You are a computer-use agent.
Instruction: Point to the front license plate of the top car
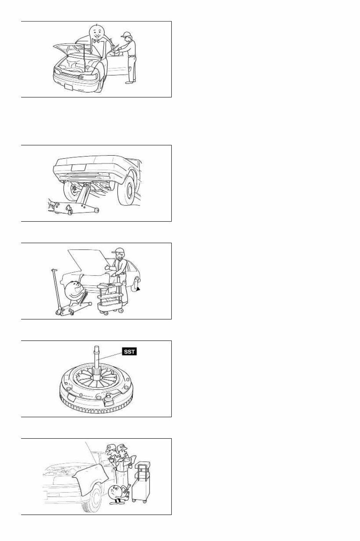coord(68,87)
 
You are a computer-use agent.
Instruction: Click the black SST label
coord(129,351)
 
